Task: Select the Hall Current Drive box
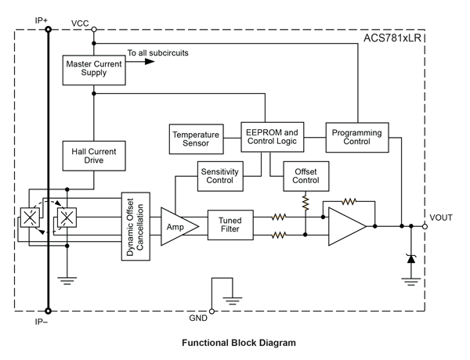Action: tap(93, 154)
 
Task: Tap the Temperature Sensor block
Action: tap(196, 139)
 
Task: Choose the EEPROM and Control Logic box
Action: tap(271, 138)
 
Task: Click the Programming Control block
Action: tap(356, 138)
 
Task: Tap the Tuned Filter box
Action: tap(230, 225)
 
